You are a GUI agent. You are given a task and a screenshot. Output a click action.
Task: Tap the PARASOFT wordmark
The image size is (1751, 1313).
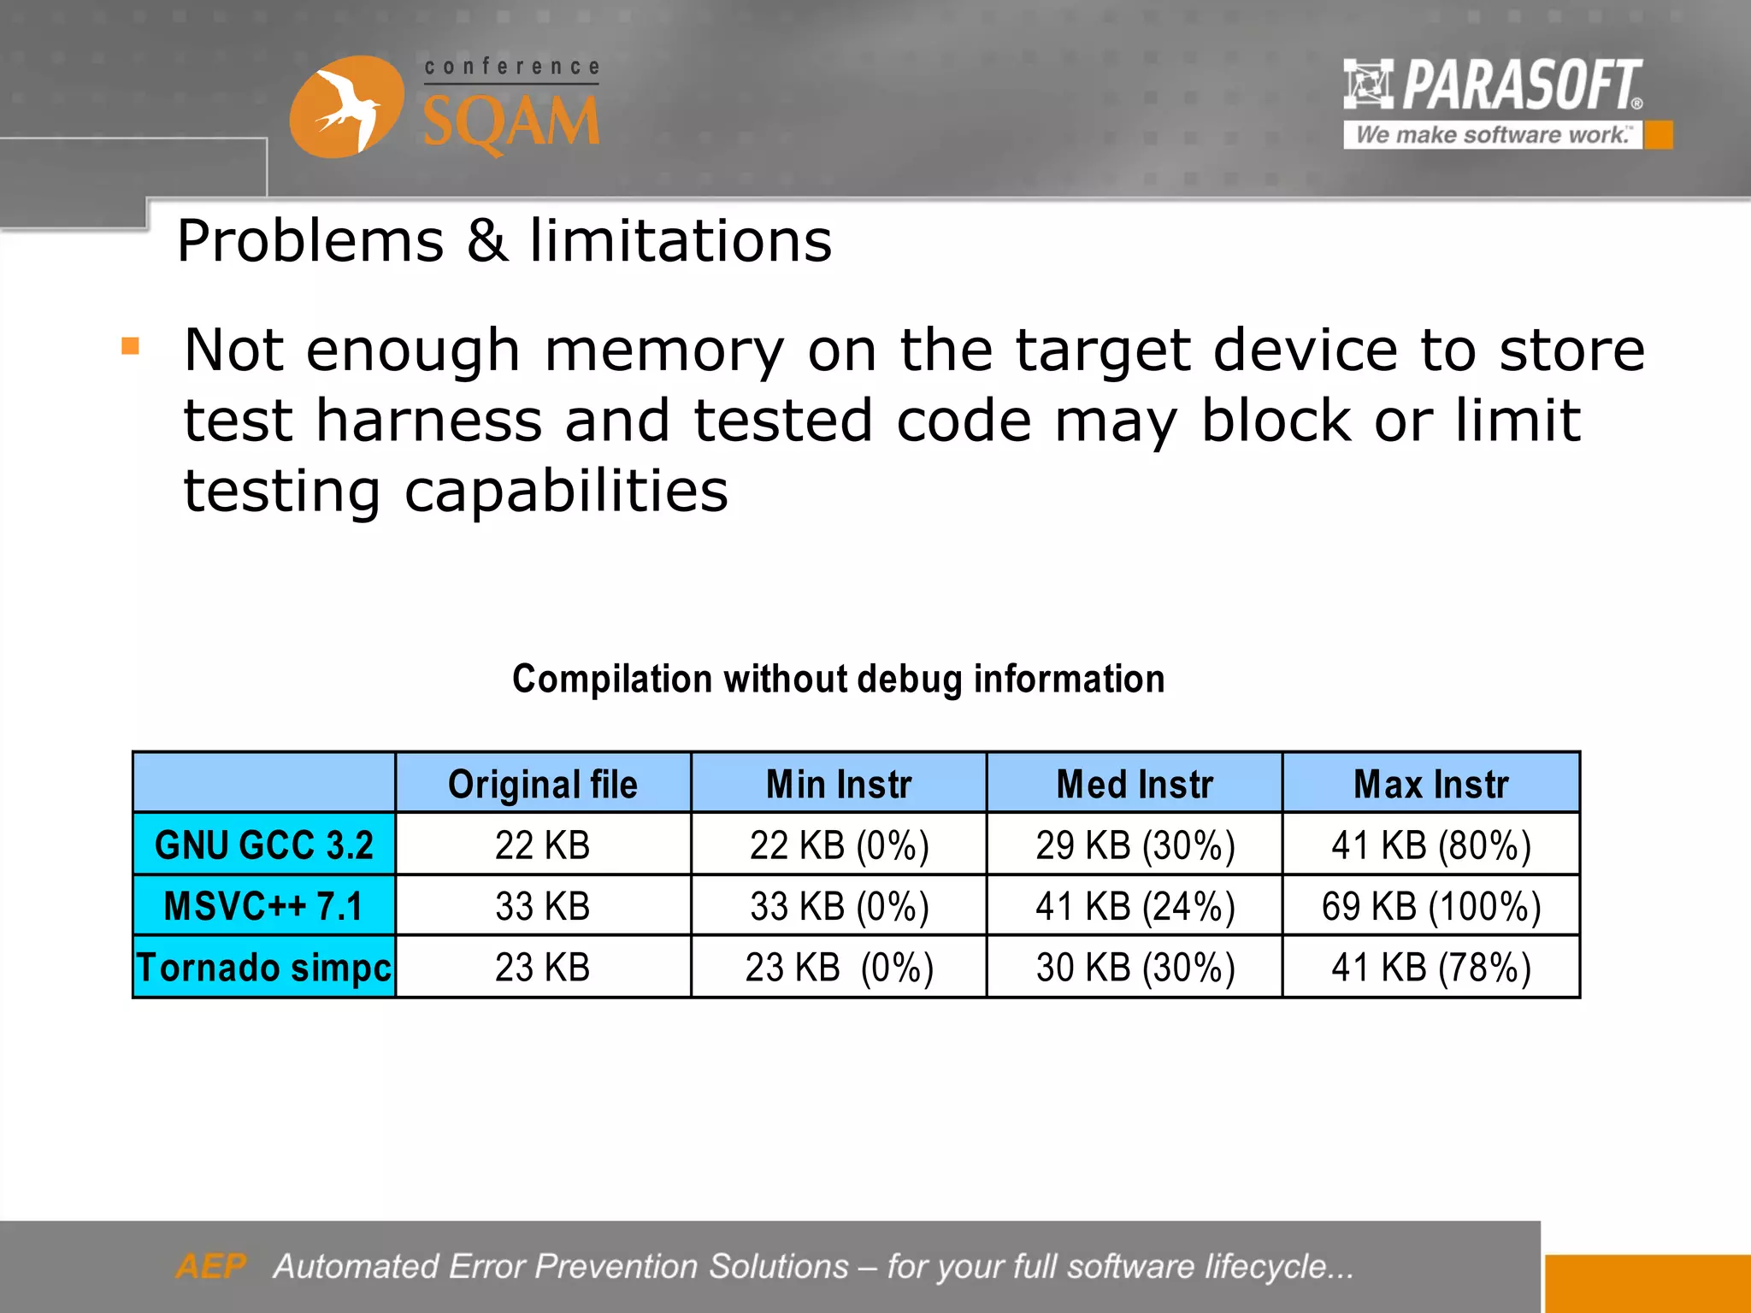[x=1522, y=85]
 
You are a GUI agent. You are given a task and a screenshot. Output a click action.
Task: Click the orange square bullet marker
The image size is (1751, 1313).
[x=131, y=346]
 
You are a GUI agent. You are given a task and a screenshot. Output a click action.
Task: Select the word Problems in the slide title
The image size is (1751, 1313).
[x=310, y=241]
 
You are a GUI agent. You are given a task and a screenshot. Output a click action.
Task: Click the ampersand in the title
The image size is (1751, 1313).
[x=486, y=241]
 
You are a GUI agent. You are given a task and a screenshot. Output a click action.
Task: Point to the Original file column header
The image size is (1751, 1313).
[x=543, y=784]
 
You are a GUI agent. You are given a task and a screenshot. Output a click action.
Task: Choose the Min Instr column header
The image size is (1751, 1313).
[x=839, y=784]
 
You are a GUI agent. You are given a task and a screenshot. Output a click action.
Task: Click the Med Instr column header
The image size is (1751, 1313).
[x=1135, y=784]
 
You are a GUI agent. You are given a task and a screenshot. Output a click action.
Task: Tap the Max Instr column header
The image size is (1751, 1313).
[x=1431, y=784]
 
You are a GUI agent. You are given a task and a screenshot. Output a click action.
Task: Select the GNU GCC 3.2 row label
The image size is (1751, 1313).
[x=264, y=845]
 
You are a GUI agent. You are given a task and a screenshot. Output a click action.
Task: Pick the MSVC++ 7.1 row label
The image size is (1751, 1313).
[x=264, y=906]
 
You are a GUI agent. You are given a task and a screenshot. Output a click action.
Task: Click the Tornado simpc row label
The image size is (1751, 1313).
[x=264, y=968]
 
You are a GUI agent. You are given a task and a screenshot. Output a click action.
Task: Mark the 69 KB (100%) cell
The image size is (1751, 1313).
[x=1431, y=906]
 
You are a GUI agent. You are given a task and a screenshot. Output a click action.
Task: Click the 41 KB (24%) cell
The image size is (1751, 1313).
[x=1135, y=906]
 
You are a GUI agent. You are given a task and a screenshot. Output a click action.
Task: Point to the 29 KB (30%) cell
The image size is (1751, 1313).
[x=1135, y=845]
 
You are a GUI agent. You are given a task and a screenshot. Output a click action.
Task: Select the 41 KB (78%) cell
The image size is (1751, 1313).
[x=1431, y=968]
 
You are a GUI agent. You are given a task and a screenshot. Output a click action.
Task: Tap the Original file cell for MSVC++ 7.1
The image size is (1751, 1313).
[x=543, y=906]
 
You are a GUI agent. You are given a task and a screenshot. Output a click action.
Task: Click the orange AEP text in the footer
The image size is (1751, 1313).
[x=210, y=1266]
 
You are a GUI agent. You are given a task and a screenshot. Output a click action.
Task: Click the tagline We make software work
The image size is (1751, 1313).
[x=1492, y=135]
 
